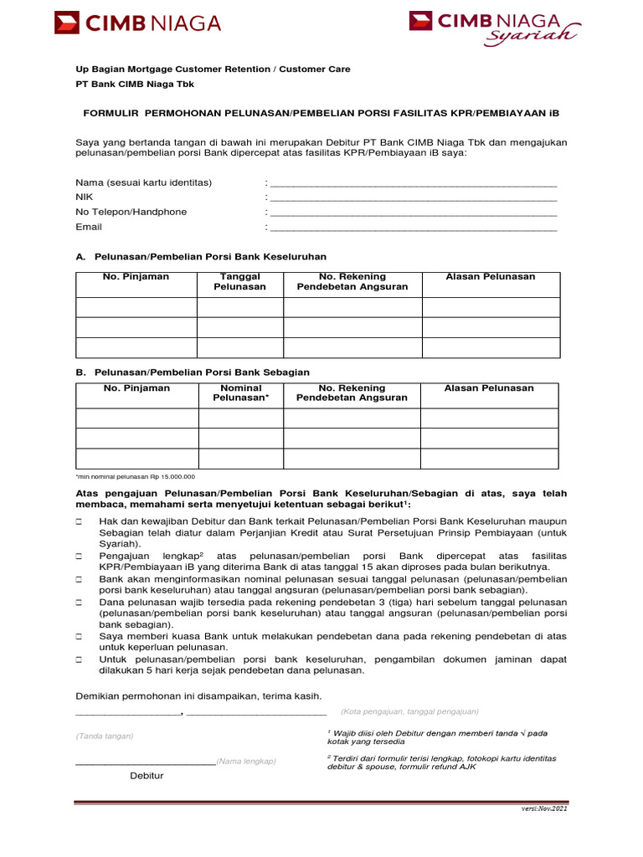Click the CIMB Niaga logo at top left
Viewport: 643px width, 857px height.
[x=137, y=23]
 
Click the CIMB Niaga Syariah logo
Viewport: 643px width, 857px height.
[x=494, y=26]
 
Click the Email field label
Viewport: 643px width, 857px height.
[x=88, y=227]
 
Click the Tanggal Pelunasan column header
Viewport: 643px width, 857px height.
[x=239, y=281]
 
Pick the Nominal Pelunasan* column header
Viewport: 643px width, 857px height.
[x=241, y=393]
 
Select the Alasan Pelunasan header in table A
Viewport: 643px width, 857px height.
[x=490, y=276]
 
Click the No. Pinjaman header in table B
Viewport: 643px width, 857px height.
[x=136, y=388]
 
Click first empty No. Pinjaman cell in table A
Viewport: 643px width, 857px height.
[x=136, y=307]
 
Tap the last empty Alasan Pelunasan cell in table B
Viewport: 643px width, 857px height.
[x=489, y=459]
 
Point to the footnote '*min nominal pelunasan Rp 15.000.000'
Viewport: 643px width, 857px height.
[x=135, y=476]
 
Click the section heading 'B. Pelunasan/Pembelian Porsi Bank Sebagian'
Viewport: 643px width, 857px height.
[x=193, y=372]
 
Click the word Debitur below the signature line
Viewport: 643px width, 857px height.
[x=147, y=775]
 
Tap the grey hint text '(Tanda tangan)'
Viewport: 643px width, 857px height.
[x=105, y=736]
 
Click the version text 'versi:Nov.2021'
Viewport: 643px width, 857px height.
[x=544, y=810]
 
